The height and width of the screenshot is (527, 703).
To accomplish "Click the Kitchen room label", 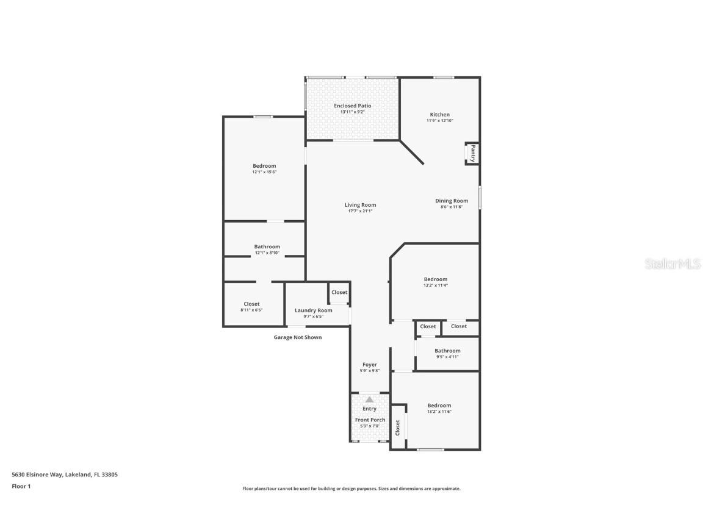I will click(439, 115).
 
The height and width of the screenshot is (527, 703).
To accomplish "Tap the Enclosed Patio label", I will click(352, 106).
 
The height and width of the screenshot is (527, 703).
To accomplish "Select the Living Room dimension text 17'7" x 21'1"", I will click(360, 211).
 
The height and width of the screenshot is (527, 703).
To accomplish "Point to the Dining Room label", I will click(452, 201).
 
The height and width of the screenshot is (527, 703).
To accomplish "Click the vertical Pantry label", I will click(472, 152).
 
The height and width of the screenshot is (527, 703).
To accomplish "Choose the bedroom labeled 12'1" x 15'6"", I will click(264, 169).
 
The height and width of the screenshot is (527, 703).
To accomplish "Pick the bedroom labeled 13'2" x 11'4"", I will click(436, 282).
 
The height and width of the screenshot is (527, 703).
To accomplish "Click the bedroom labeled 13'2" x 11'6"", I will click(439, 409).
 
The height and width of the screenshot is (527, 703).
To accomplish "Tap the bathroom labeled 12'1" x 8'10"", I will click(267, 249).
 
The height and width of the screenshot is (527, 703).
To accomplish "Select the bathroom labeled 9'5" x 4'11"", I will click(447, 354).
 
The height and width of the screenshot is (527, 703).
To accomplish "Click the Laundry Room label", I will click(313, 310).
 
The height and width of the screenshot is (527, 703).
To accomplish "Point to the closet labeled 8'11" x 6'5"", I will click(251, 307).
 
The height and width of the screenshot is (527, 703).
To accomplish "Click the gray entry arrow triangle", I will click(369, 400).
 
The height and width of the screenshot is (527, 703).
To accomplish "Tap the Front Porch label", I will click(370, 420).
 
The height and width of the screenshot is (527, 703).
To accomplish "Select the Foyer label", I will click(370, 365).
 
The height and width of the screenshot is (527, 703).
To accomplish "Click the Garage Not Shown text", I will click(297, 337).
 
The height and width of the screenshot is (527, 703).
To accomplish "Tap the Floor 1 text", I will click(21, 486).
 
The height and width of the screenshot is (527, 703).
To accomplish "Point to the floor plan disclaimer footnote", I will click(351, 489).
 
